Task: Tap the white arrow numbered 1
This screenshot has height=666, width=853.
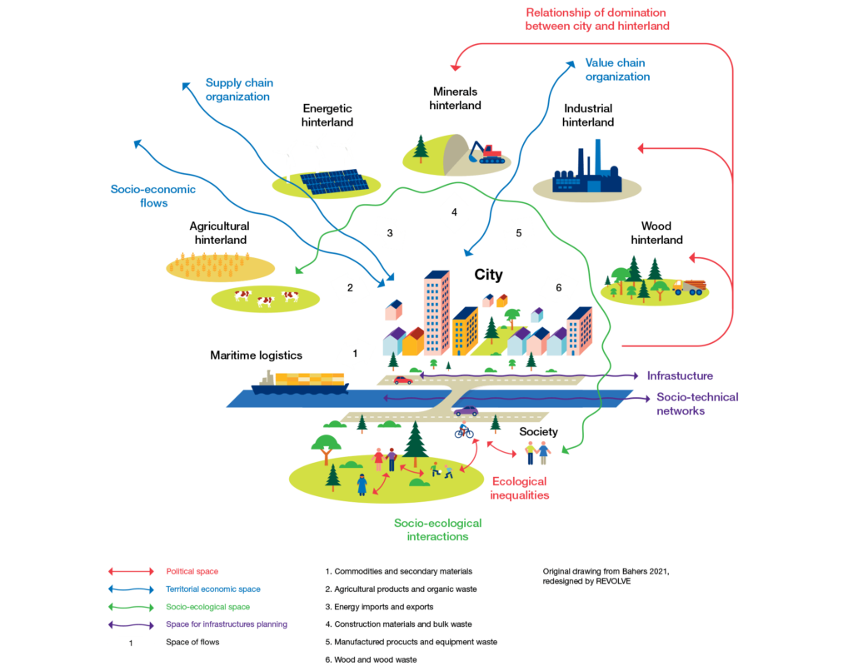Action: [356, 353]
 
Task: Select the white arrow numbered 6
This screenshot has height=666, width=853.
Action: [558, 288]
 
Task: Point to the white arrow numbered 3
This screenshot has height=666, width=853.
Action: [389, 233]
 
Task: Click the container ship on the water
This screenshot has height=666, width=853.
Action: [300, 383]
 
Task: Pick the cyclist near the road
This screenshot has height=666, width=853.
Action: [463, 430]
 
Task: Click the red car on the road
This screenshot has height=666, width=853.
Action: [403, 380]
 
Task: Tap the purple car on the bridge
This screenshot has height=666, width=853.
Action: [466, 410]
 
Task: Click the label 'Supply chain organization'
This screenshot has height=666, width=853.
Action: [239, 89]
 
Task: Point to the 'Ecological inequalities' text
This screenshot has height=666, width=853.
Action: [520, 488]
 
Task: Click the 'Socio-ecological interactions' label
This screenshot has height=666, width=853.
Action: [437, 530]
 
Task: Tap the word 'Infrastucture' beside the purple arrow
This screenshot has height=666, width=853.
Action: [680, 376]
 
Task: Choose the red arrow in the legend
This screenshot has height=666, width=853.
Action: [131, 571]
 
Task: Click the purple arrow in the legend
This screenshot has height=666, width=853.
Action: [131, 624]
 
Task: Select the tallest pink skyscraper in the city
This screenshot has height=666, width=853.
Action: [436, 312]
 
